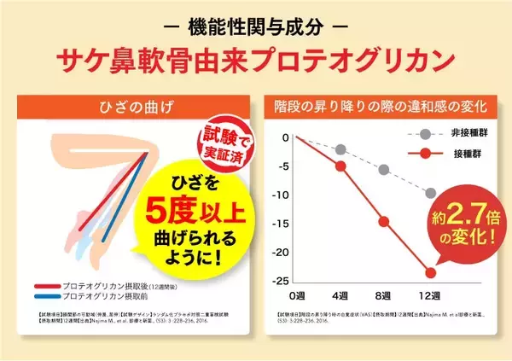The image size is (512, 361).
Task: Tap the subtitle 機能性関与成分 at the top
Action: point(256,21)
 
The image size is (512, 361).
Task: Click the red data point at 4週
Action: point(341,166)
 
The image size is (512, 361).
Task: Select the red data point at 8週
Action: point(385,222)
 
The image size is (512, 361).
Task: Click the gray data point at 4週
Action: point(341,149)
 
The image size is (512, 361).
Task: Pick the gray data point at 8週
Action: point(385,170)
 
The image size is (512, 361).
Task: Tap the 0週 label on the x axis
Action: point(296,295)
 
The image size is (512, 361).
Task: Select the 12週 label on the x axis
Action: point(430,295)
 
